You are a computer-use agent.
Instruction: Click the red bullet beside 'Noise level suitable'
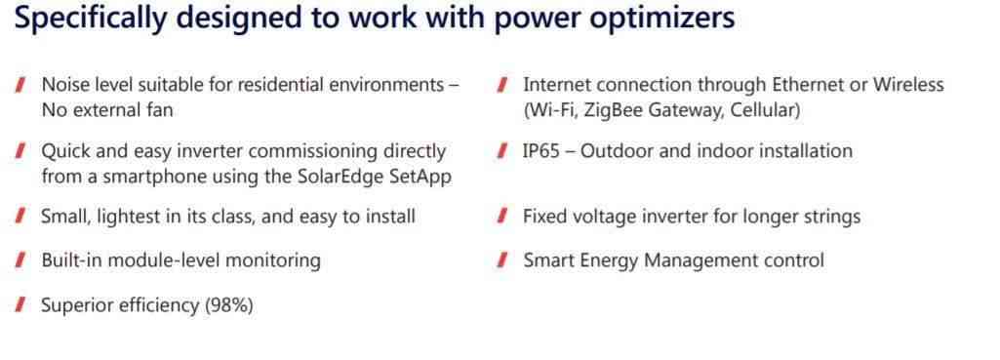tap(20, 85)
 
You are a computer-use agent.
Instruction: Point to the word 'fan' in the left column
tap(160, 110)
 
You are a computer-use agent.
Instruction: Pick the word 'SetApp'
tap(420, 177)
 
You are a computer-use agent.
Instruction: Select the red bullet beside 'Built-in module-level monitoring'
tap(20, 260)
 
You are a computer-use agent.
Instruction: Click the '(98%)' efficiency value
tap(228, 305)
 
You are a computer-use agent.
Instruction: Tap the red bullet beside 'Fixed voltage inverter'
tap(501, 217)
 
